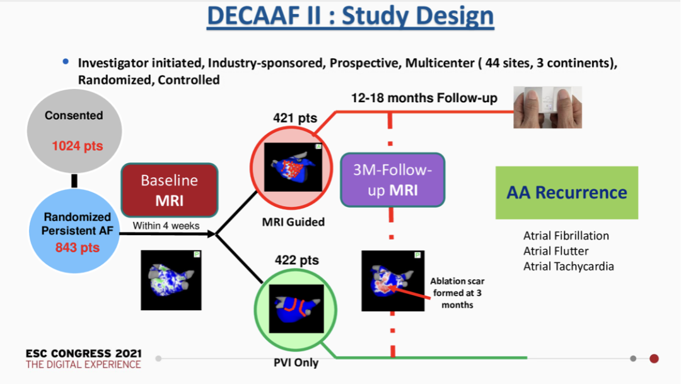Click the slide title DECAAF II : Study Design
(350, 16)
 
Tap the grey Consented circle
(74, 131)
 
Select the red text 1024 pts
(77, 146)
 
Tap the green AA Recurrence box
(566, 192)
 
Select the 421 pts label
(295, 118)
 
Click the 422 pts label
(296, 260)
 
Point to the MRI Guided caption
(294, 221)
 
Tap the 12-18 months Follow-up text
(424, 98)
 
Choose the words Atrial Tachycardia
(568, 266)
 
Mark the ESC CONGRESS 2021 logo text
(83, 353)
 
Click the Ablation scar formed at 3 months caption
(457, 293)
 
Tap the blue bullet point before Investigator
(66, 62)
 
